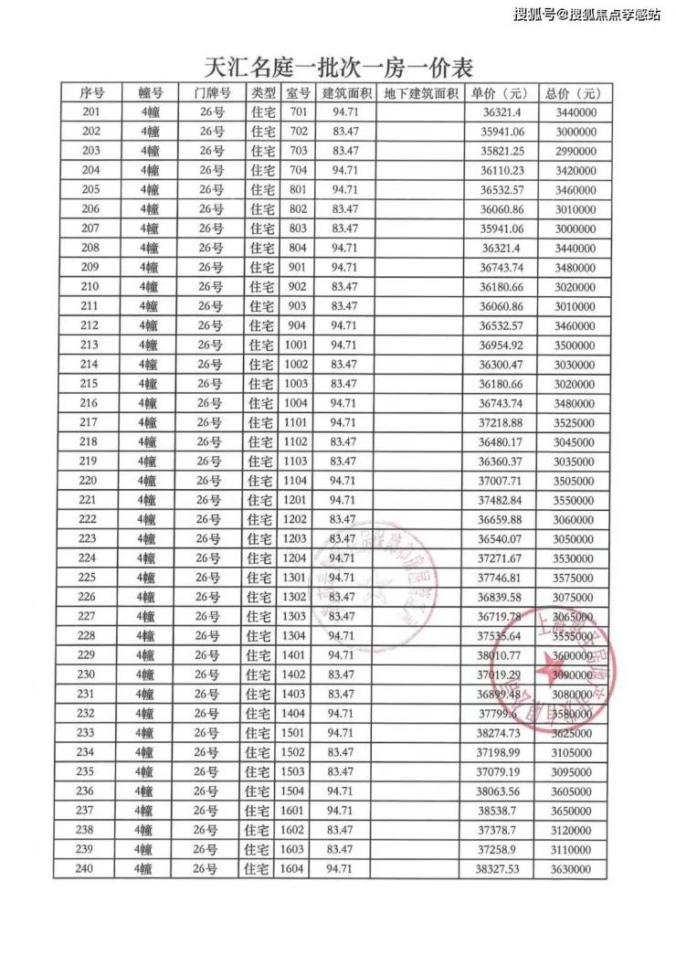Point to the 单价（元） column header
[500, 94]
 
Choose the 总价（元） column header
[573, 94]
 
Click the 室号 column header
[298, 94]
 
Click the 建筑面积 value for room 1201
[343, 500]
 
